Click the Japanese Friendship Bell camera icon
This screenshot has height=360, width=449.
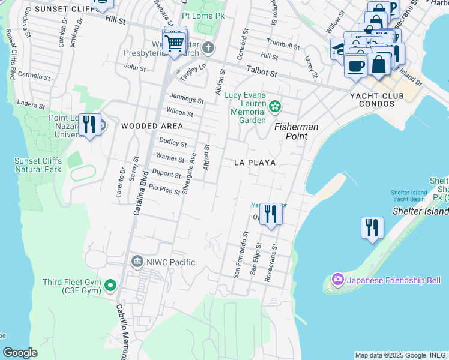pos(337,280)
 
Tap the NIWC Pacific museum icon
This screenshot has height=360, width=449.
pos(137,262)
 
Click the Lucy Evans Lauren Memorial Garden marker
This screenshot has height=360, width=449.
pos(275,107)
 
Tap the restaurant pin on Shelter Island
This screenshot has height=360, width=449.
pos(372,228)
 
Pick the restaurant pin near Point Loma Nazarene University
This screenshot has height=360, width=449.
pos(89,125)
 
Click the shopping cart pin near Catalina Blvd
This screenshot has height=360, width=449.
pos(174,42)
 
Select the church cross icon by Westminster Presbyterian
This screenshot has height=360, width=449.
pos(208,47)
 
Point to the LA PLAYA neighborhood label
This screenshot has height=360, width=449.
pos(255,163)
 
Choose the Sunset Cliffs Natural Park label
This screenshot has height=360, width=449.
pos(38,165)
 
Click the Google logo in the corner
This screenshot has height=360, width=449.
pos(20,353)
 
